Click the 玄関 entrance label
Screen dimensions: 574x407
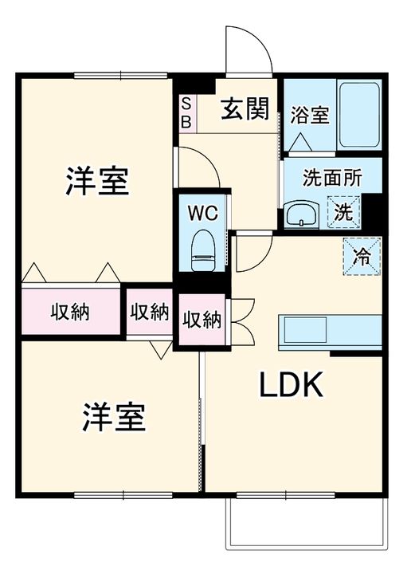pyautogui.click(x=245, y=108)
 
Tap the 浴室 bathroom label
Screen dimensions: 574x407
pyautogui.click(x=309, y=115)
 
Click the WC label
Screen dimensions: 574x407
pyautogui.click(x=204, y=213)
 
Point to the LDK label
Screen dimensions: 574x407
pyautogui.click(x=291, y=386)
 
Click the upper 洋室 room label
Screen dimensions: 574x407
pyautogui.click(x=97, y=182)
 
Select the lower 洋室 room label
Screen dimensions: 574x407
pyautogui.click(x=114, y=417)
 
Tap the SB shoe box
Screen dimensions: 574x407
pyautogui.click(x=186, y=112)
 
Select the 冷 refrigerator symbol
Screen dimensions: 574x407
pyautogui.click(x=361, y=257)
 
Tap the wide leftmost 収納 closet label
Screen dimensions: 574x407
pyautogui.click(x=70, y=311)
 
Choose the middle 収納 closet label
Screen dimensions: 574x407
pyautogui.click(x=149, y=311)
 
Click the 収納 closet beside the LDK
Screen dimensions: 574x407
pyautogui.click(x=202, y=320)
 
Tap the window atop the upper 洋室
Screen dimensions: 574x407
pyautogui.click(x=121, y=76)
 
